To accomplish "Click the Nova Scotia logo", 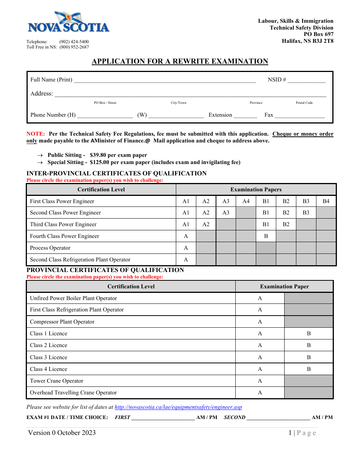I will point(69,23).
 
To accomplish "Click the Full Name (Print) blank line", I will point(165,80).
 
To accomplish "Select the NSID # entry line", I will point(306,80).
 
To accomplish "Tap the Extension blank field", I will point(245,116).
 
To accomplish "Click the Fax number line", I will point(299,116).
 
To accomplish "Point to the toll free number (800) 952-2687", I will point(74,47).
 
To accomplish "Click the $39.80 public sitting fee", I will point(99,155).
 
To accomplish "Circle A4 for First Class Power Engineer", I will point(246,201).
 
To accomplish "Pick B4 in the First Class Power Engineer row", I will point(326,201).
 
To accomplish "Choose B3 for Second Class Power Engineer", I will point(306,213).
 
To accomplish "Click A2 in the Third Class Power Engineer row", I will point(206,224).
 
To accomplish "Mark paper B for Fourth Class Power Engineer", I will point(266,236).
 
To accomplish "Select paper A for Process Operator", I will point(186,248).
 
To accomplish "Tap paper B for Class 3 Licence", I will point(309,357).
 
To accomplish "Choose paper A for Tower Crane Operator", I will point(260,381).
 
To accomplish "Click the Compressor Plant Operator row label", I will point(62,322).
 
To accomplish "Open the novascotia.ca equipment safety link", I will point(178,407).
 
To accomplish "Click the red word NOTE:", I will point(36,134).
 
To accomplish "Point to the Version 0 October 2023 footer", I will point(62,433).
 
